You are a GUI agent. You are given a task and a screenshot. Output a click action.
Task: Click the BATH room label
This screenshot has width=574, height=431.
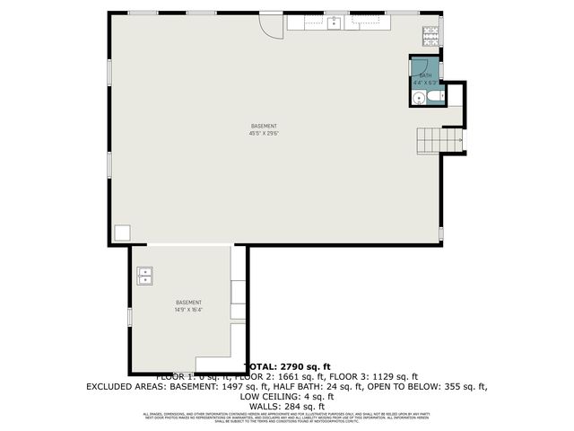[425, 75]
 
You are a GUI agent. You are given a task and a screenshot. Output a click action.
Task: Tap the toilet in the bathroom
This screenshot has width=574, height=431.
[434, 95]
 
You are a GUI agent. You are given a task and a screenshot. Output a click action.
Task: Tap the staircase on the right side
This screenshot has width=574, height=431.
[439, 140]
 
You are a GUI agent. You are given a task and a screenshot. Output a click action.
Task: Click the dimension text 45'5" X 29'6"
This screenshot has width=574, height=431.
[264, 134]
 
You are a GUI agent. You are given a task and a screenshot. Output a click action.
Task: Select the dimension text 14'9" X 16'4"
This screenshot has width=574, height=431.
[188, 311]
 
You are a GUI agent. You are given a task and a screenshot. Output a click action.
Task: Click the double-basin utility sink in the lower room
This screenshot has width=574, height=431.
[144, 276]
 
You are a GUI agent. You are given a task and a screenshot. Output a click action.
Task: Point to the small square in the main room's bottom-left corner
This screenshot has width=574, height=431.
[121, 232]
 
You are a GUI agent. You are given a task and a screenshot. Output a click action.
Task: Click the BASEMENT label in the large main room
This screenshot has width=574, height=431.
[264, 126]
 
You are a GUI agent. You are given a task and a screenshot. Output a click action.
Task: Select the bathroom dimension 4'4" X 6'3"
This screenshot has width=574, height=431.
[425, 83]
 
